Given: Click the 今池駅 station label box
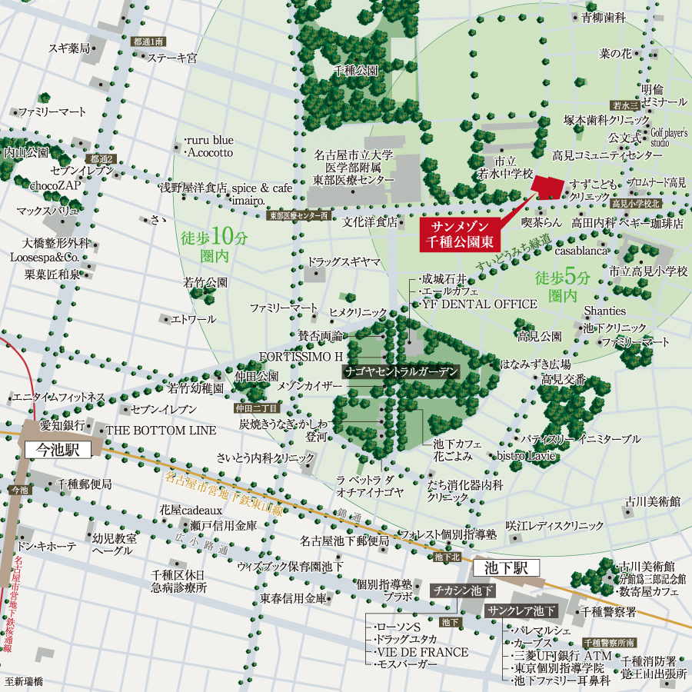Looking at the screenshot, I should coord(58,449).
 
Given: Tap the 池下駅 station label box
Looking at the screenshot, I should coord(507,568).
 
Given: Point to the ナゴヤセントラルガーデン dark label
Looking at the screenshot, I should coord(402,371).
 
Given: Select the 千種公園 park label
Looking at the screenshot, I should coord(355,70).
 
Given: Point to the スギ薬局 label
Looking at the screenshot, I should coord(69,48).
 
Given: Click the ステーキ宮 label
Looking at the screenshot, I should coord(172,58).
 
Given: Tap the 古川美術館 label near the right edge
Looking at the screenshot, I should coord(652,501).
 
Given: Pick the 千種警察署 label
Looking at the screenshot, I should coord(608,612).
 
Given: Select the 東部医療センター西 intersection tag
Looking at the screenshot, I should coord(299,216).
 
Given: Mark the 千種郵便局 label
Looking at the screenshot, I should coord(84,484).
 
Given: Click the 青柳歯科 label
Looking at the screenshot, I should coord(604,17).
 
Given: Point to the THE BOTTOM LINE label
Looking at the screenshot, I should coord(161,430).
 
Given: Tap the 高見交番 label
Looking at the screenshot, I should coord(564,379).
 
